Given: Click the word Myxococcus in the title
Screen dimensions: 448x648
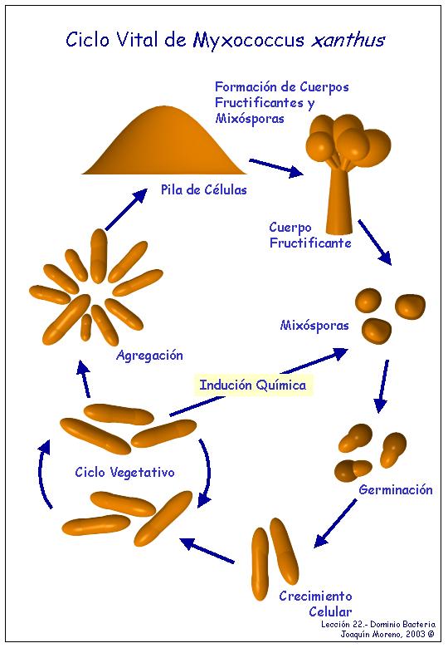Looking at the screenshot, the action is tap(249, 41).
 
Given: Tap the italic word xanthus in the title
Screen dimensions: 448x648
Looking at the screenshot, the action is tap(348, 40).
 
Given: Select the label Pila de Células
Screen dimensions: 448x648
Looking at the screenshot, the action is tap(204, 189).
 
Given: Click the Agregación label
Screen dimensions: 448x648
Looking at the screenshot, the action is tap(149, 356).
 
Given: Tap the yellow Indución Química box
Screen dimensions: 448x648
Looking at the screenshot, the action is tap(253, 385).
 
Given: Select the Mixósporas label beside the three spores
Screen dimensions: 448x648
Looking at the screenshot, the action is tap(314, 325).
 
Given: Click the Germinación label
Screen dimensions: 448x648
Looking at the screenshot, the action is tap(396, 489).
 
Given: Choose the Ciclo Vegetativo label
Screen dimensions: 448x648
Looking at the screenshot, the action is tap(124, 473).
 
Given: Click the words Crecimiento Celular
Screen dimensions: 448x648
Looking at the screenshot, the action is tap(316, 603).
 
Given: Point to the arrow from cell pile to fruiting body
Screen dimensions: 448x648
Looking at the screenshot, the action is tap(276, 168).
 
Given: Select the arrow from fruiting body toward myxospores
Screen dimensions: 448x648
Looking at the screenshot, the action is tap(374, 243).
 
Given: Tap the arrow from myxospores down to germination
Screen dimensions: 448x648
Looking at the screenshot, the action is tap(382, 386).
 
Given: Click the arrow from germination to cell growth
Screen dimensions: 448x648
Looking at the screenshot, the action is tap(335, 523).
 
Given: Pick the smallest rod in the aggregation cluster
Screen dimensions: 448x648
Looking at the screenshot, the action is tap(86, 326).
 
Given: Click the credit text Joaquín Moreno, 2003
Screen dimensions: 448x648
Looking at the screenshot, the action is tap(387, 634).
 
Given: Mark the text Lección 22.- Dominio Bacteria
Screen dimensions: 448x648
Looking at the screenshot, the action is tap(378, 625).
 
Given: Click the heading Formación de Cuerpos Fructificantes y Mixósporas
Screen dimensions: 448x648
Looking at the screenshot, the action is tap(282, 102).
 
